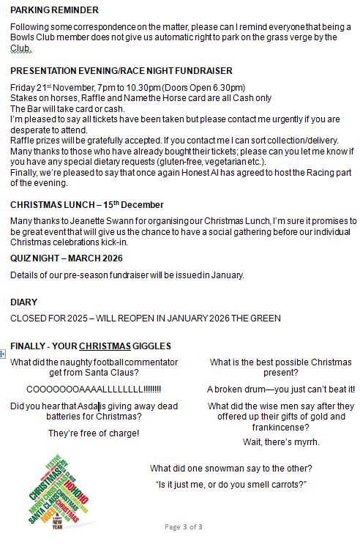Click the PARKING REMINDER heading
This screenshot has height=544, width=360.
pyautogui.click(x=55, y=10)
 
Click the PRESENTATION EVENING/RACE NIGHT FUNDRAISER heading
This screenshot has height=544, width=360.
pyautogui.click(x=121, y=71)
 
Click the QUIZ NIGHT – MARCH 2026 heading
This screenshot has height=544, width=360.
pyautogui.click(x=67, y=258)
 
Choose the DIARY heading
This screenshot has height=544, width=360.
pyautogui.click(x=24, y=302)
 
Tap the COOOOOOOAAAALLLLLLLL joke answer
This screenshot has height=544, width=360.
pyautogui.click(x=94, y=390)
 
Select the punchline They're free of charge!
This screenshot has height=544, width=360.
pyautogui.click(x=94, y=433)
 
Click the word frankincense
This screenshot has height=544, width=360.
pyautogui.click(x=281, y=428)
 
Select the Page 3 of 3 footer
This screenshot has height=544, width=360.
pyautogui.click(x=183, y=526)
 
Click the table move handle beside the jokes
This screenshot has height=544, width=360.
pyautogui.click(x=4, y=354)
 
